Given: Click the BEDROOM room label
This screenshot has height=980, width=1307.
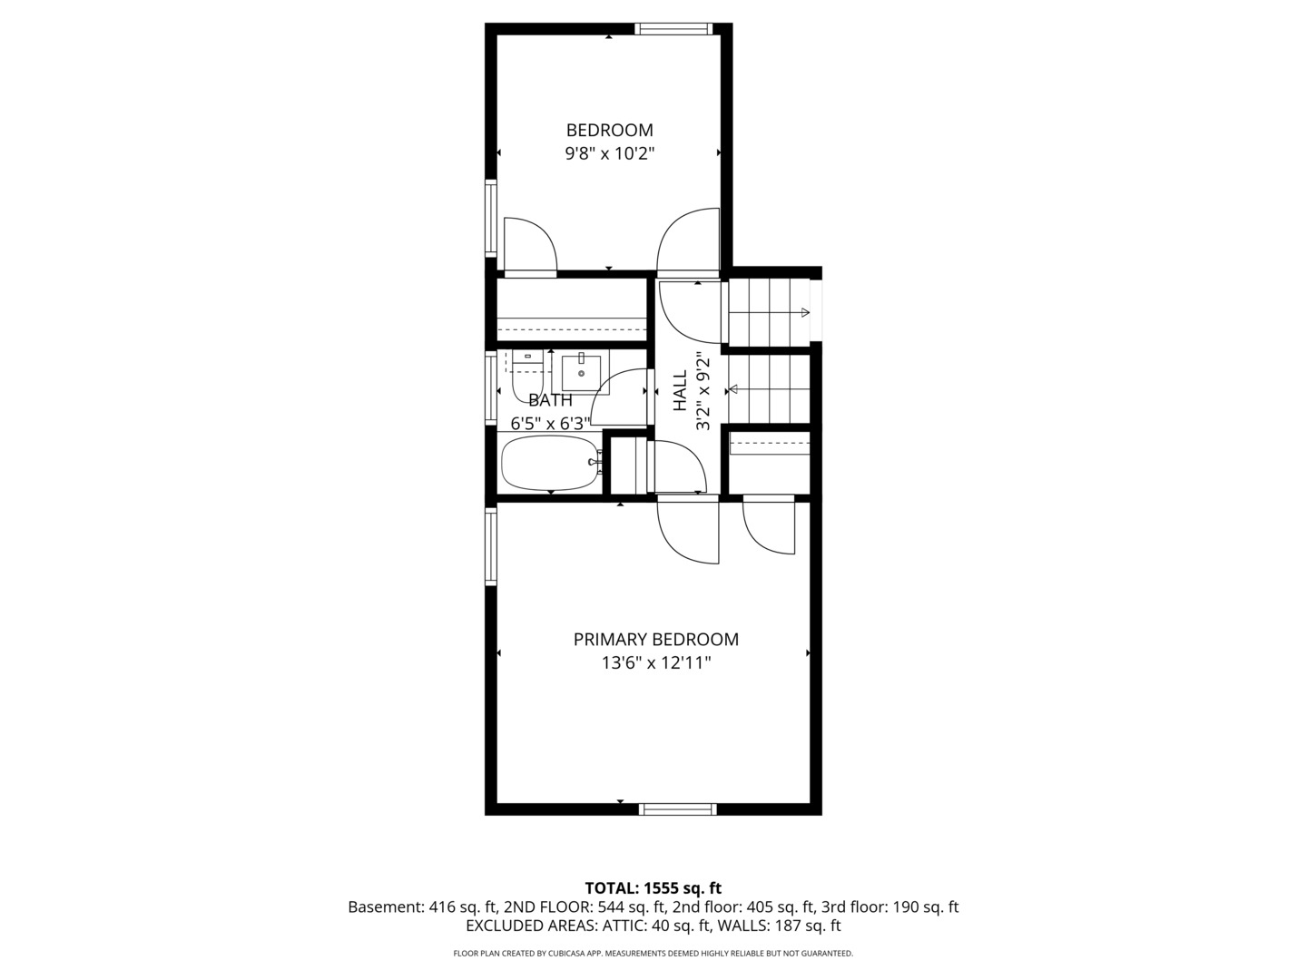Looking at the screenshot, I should click(x=609, y=130).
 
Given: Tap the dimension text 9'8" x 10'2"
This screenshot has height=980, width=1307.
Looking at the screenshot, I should click(x=609, y=153).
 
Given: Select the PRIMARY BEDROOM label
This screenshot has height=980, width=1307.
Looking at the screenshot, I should click(x=655, y=639).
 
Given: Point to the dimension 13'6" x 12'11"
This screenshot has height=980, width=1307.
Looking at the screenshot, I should click(x=655, y=663).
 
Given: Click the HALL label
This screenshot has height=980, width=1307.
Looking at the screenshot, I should click(x=680, y=391).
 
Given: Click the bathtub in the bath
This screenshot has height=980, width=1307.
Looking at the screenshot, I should click(x=550, y=463).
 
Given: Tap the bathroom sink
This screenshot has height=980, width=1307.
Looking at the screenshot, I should click(x=581, y=371).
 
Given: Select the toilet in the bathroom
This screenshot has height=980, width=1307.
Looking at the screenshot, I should click(x=526, y=374).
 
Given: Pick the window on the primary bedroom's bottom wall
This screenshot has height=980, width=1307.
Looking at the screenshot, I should click(x=677, y=809).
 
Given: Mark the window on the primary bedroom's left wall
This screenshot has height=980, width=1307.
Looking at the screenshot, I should click(x=491, y=545).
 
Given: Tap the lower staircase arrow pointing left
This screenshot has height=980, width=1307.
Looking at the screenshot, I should click(x=732, y=389).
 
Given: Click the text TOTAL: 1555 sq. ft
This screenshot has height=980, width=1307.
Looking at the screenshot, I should click(x=653, y=888).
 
